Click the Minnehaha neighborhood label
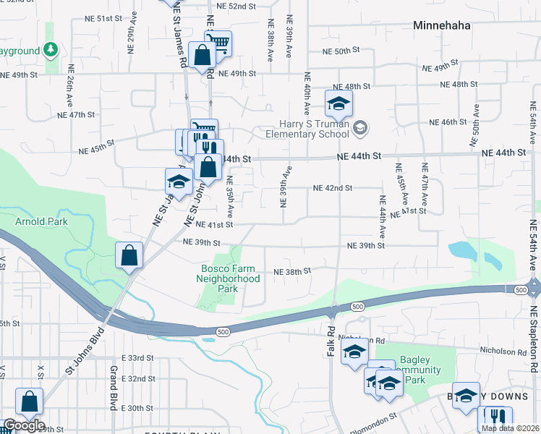tap(442, 25)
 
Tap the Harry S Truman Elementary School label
tap(307, 129)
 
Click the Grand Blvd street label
tap(114, 388)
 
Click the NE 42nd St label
tap(332, 188)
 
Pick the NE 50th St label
tap(341, 51)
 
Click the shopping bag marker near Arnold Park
tap(129, 255)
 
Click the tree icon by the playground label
tap(50, 49)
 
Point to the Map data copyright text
tap(508, 428)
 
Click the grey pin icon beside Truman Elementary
tap(361, 129)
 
